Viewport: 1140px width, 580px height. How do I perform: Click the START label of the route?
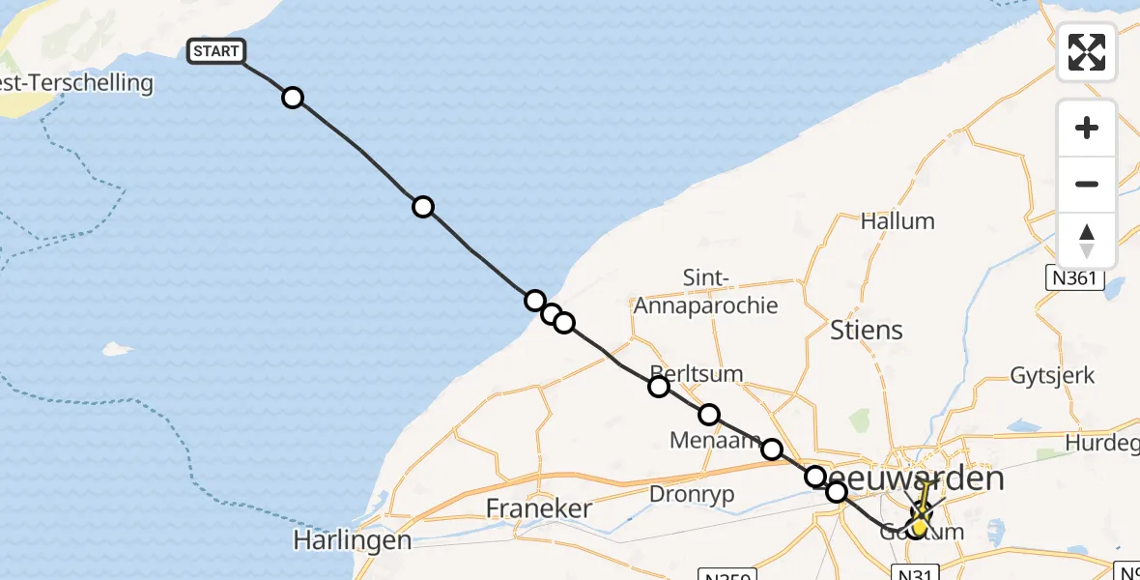[x=216, y=51]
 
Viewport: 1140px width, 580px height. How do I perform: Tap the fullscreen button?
[x=1087, y=52]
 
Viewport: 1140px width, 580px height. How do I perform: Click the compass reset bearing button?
[x=1087, y=241]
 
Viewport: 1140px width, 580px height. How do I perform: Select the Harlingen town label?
[x=353, y=540]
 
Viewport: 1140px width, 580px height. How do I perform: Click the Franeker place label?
[x=538, y=507]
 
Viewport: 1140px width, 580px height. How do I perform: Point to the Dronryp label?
[x=693, y=494]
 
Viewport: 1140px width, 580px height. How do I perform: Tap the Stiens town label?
[x=867, y=330]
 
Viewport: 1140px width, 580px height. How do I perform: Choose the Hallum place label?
[x=898, y=221]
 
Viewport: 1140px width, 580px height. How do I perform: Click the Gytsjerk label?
[x=1052, y=375]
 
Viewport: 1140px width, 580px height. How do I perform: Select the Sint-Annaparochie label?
[x=705, y=293]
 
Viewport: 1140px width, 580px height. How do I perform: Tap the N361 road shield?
[x=1073, y=278]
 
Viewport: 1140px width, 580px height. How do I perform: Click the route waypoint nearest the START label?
[x=293, y=98]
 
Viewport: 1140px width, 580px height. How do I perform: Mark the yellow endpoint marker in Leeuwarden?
[x=919, y=528]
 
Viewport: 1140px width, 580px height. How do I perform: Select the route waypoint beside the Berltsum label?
[x=659, y=387]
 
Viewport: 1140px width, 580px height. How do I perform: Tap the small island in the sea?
[x=117, y=349]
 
